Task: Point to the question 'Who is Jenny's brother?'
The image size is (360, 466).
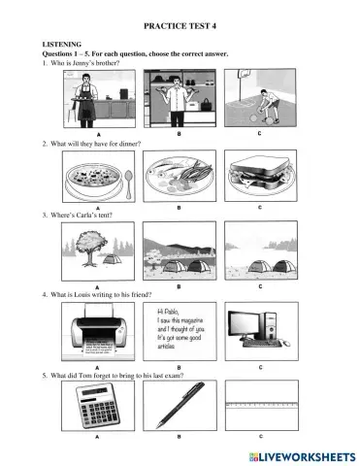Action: (x=84, y=63)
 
